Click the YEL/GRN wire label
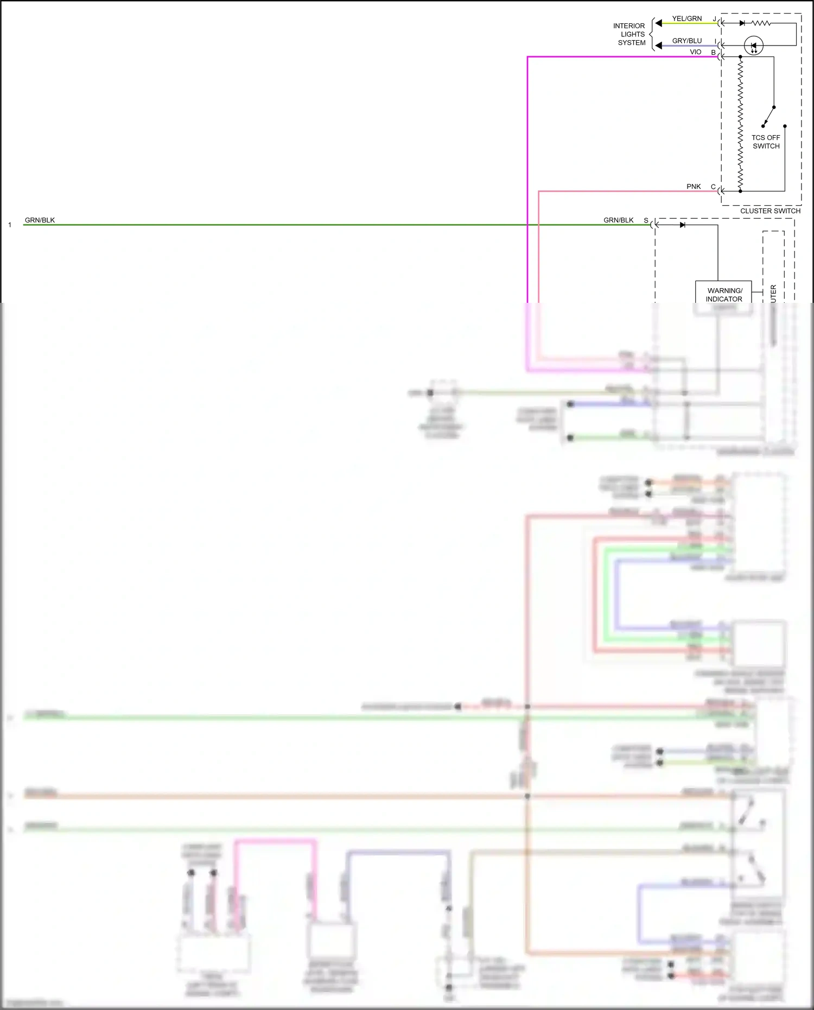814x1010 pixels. [x=686, y=18]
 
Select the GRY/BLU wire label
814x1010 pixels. [x=686, y=41]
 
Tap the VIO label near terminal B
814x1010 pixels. [x=695, y=52]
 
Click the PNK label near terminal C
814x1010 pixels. [x=694, y=187]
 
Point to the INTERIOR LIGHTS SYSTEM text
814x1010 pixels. [x=630, y=34]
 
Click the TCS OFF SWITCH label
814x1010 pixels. [x=766, y=142]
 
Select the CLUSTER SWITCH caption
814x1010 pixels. [x=770, y=211]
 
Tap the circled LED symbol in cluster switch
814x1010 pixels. [x=753, y=46]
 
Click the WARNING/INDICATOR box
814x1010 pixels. [x=724, y=293]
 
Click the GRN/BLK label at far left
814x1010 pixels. [x=40, y=220]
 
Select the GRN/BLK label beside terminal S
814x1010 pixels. [x=618, y=220]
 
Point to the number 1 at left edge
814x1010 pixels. [x=10, y=225]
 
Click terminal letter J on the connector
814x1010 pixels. [x=714, y=19]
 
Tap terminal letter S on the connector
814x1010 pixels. [x=646, y=220]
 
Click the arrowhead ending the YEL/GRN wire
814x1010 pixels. [x=658, y=23]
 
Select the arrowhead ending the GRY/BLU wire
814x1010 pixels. [x=658, y=46]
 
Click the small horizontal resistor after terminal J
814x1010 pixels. [x=761, y=23]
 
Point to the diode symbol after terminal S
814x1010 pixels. [x=682, y=225]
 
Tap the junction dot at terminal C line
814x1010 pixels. [x=740, y=191]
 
